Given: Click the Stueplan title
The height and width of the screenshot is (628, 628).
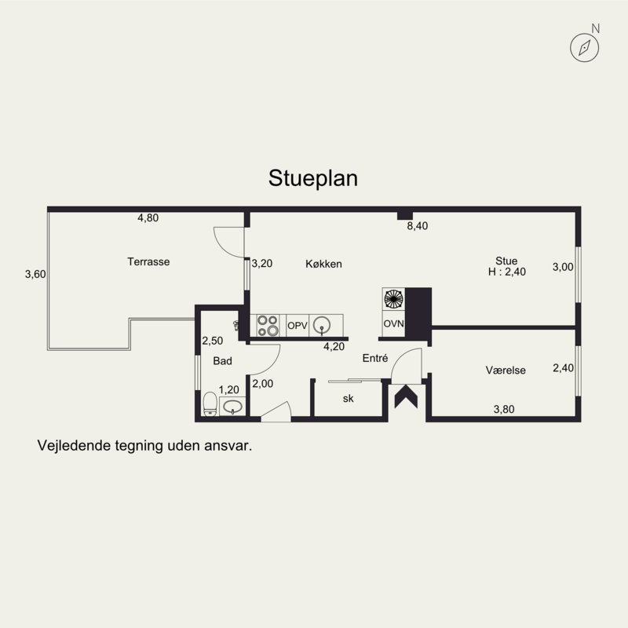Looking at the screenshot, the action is point(312,178).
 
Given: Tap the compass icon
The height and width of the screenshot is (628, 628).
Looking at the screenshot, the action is point(584,48).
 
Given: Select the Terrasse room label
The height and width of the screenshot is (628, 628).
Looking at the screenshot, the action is point(148,261).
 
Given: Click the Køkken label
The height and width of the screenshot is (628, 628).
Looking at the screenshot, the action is point(323,264).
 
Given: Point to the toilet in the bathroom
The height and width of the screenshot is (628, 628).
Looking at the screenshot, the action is point(210,403).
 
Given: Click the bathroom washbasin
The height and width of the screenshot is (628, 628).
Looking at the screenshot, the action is point(232,407).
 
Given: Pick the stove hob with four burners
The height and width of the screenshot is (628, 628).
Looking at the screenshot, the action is point(268,325).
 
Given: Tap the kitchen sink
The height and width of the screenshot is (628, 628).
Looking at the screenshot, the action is point(322,325).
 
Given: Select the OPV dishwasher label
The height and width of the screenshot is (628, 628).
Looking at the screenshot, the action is point(298,326).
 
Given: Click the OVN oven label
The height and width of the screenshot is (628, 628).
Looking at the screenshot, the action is point(394,323).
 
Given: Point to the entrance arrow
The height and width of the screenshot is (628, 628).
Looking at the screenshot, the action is point(406,396).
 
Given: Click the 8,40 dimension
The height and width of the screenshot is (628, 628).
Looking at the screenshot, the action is point(418,226).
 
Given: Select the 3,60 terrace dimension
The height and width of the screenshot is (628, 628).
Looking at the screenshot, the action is point(35,274).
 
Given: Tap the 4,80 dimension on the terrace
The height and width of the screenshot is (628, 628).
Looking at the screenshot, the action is point(148,218).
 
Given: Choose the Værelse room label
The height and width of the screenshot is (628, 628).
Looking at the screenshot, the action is point(506,370).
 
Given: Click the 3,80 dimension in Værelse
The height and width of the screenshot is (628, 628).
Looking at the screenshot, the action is point(504,409).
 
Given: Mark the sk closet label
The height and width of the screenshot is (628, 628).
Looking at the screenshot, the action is point(348,399).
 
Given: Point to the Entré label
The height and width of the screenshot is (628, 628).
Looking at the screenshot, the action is point(375,358).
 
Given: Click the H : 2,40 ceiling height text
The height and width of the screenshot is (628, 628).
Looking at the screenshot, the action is point(506,272).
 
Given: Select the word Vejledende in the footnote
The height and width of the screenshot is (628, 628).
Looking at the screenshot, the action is point(73,445).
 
